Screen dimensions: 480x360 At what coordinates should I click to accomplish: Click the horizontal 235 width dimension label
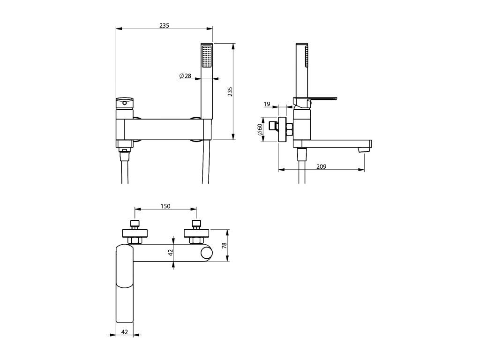tap(164, 26)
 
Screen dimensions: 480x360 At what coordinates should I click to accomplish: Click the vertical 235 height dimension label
tap(230, 91)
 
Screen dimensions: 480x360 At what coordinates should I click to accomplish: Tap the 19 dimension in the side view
tap(267, 104)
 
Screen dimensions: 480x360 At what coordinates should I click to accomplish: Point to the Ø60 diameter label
tap(260, 129)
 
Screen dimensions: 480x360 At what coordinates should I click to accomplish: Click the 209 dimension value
tap(322, 166)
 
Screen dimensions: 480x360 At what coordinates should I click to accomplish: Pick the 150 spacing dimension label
tap(165, 206)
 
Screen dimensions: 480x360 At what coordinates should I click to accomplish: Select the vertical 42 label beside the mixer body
tap(171, 252)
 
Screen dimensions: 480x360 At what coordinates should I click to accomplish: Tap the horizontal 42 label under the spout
tap(125, 331)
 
